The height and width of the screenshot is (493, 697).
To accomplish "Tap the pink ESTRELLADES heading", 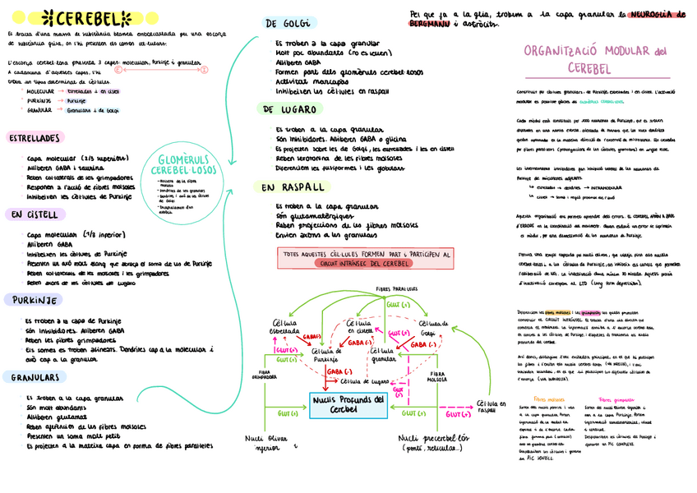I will pyautogui.click(x=34, y=139).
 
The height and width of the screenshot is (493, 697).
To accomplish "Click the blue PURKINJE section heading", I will pyautogui.click(x=30, y=300).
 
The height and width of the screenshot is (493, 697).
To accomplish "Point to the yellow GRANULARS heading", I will pyautogui.click(x=35, y=377).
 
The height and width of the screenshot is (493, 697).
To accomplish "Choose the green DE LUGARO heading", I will pyautogui.click(x=290, y=109).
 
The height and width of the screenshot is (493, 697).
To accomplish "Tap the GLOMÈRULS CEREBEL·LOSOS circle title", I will pyautogui.click(x=179, y=165).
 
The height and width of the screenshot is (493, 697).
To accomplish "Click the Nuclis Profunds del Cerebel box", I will pyautogui.click(x=349, y=403).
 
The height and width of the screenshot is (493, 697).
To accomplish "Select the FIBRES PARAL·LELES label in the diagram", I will pyautogui.click(x=396, y=289).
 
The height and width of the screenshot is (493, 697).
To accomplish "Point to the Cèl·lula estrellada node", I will pyautogui.click(x=284, y=327).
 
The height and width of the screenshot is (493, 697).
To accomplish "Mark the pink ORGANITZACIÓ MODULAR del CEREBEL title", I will pyautogui.click(x=594, y=58).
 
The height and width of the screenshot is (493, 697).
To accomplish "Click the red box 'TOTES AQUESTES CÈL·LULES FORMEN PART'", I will pyautogui.click(x=366, y=259).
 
